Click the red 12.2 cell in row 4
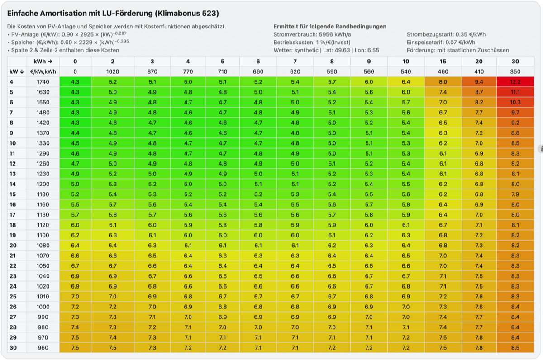click(x=515, y=82)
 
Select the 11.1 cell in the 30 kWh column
click(x=515, y=92)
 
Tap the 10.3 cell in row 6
click(x=515, y=102)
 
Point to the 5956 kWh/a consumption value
click(x=335, y=34)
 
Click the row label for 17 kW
click(x=12, y=215)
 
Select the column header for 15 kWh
click(x=443, y=62)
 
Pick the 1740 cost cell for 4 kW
click(x=43, y=82)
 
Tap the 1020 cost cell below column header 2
click(x=113, y=72)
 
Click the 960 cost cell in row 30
click(x=43, y=348)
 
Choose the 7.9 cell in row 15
click(x=515, y=194)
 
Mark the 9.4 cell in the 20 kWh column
click(x=479, y=82)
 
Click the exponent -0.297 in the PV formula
click(x=120, y=33)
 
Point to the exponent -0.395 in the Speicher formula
click(x=122, y=41)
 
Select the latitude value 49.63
click(x=343, y=50)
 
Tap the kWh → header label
click(x=43, y=62)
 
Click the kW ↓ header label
click(x=16, y=72)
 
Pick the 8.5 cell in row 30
click(x=515, y=348)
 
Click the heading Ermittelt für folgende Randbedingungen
click(x=330, y=26)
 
